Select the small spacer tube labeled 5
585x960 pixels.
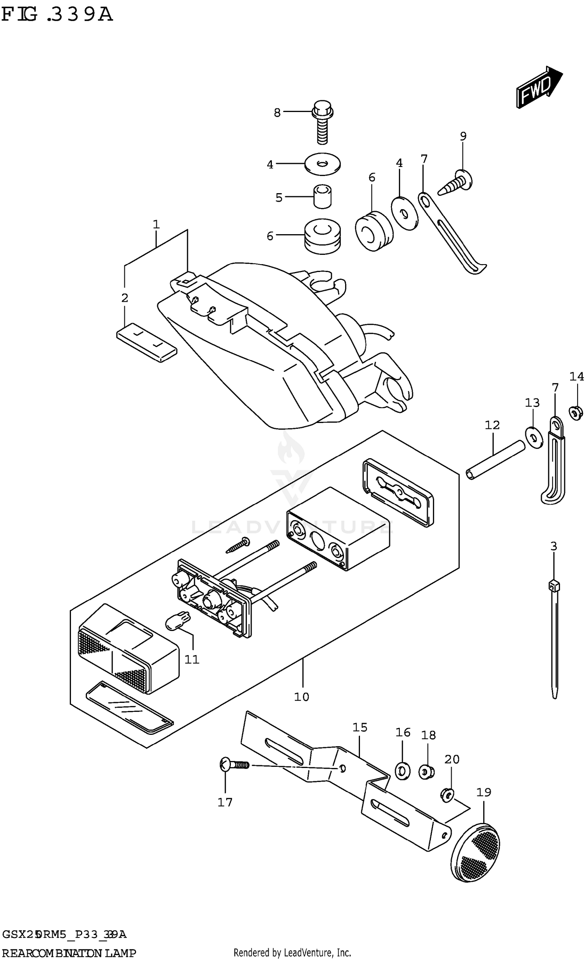[323, 196]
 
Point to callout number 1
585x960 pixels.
[156, 224]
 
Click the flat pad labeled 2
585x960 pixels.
[147, 342]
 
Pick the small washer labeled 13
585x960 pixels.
[534, 437]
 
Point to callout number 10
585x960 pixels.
[301, 697]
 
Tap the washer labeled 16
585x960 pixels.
[402, 771]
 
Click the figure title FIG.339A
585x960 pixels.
[57, 15]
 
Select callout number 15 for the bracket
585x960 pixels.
[360, 727]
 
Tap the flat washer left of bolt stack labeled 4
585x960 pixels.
[322, 164]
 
